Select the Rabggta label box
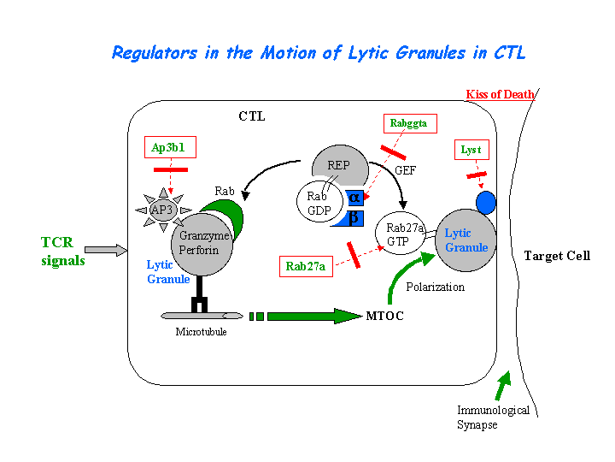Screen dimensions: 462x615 (x=407, y=124)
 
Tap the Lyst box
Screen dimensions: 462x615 (x=471, y=150)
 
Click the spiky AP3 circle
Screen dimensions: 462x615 (x=162, y=208)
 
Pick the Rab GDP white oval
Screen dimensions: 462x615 (x=318, y=203)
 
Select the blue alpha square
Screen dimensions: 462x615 (x=354, y=198)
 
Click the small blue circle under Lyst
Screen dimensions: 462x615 (x=485, y=203)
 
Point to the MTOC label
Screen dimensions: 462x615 (x=384, y=317)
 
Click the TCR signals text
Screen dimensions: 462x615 (x=63, y=252)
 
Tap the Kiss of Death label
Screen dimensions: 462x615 (x=500, y=94)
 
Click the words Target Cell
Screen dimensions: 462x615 (x=557, y=256)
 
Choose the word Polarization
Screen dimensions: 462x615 (x=436, y=287)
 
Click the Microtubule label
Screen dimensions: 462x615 (x=201, y=331)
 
